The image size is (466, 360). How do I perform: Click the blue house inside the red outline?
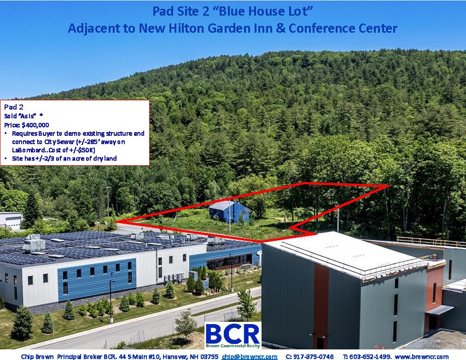click(229, 212)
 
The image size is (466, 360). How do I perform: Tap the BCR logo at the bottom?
click(233, 335)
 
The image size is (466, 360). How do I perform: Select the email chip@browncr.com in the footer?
click(249, 357)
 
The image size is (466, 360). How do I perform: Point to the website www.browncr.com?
click(421, 357)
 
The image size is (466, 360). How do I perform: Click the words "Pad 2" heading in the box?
click(13, 107)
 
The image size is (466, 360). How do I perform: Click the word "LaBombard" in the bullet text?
click(26, 150)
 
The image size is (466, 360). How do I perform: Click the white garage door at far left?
click(12, 223)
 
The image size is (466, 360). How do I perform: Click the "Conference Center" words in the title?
click(352, 28)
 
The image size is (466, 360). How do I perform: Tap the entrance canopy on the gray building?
click(439, 310)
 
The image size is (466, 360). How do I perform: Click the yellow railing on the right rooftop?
click(431, 241)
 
